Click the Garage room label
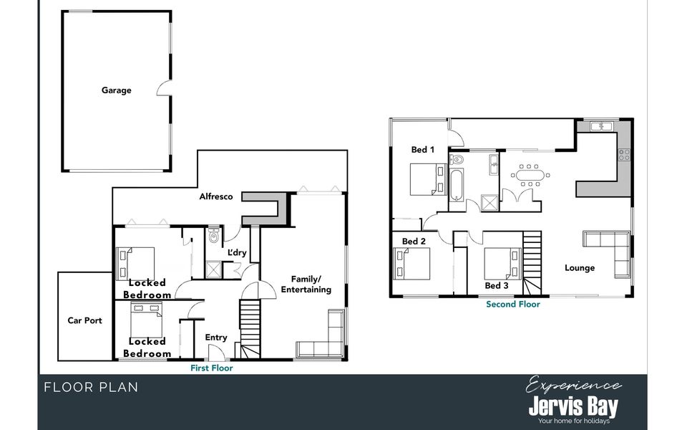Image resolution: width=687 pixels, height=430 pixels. click(116, 90)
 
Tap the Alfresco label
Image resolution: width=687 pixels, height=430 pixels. click(216, 196)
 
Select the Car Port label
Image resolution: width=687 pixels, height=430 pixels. click(84, 320)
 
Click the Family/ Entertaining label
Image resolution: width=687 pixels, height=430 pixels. click(306, 284)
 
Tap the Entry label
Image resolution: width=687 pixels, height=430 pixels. click(215, 338)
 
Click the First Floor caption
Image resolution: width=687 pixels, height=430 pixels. click(211, 368)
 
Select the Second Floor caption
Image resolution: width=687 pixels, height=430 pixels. click(513, 304)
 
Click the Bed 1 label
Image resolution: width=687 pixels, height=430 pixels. click(422, 150)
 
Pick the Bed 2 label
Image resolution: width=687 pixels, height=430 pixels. click(414, 242)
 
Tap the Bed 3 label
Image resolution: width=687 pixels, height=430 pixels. click(497, 285)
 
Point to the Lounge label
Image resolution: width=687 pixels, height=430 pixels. click(580, 268)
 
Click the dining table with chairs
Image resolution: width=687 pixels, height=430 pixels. click(530, 175)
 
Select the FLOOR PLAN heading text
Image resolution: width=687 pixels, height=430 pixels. click(91, 388)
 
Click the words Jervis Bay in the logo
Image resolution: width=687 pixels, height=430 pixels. click(572, 407)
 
